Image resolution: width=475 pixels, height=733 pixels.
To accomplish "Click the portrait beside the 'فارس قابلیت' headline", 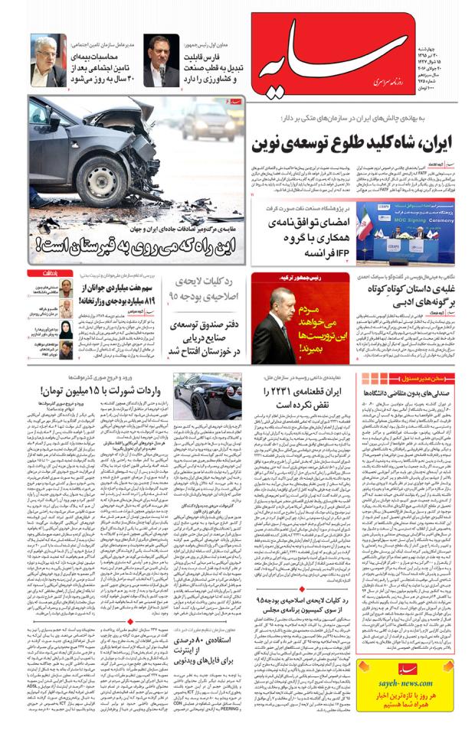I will point(161,60).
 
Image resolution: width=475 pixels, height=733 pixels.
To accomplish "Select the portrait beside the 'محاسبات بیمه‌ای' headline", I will point(48,60).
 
